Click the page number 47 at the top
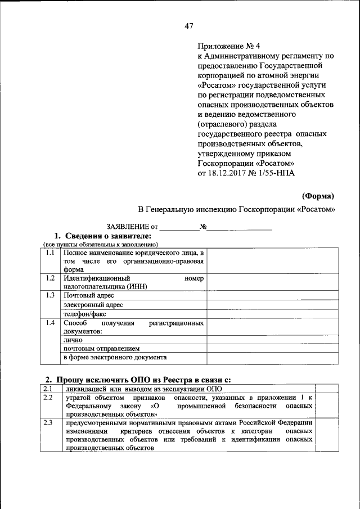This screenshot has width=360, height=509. coord(188,26)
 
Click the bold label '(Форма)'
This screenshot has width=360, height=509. coord(318,196)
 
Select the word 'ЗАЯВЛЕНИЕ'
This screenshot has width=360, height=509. coord(124,227)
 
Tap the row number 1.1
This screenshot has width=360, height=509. coord(51,253)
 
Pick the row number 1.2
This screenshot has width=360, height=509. coord(51,278)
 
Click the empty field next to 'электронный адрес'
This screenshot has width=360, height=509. coord(272,304)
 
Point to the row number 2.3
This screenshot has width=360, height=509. coord(48,422)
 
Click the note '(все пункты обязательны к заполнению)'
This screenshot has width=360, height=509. coord(100,244)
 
